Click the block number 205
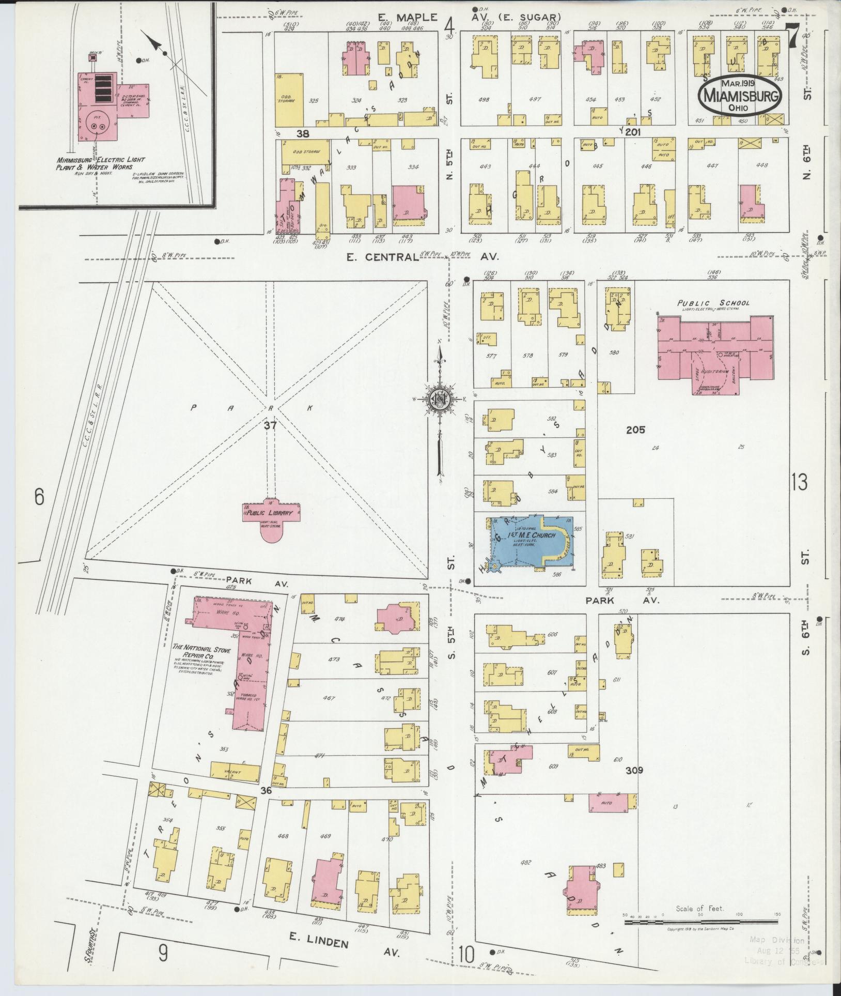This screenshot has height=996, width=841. point(635,430)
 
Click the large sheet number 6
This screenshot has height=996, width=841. point(39,498)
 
